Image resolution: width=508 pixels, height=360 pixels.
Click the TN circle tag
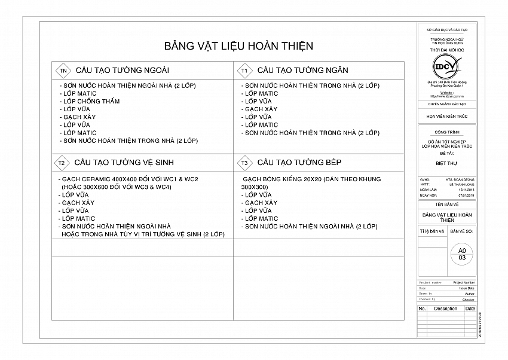tap(63, 71)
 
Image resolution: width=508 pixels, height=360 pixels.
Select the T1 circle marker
tap(244, 71)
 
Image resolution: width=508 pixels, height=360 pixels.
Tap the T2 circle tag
tap(62, 163)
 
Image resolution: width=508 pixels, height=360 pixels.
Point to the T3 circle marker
tap(244, 163)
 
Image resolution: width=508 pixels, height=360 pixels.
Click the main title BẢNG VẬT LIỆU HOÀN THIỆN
tap(238, 46)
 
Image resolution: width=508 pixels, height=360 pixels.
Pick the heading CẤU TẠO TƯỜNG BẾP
tap(300, 163)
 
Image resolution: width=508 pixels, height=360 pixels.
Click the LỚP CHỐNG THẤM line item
tap(91, 101)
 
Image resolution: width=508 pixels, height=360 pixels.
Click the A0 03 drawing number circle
tap(461, 254)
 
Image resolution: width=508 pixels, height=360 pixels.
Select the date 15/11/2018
tap(466, 190)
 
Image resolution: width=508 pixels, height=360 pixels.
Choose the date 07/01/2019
tap(466, 195)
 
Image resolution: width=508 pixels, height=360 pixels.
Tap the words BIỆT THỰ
tap(446, 161)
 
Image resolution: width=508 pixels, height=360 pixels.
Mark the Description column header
tap(445, 309)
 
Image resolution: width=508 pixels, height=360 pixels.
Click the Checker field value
tap(468, 300)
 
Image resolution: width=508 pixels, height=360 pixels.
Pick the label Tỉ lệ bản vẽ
tap(432, 230)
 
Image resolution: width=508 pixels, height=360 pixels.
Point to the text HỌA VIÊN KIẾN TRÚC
tap(446, 117)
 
